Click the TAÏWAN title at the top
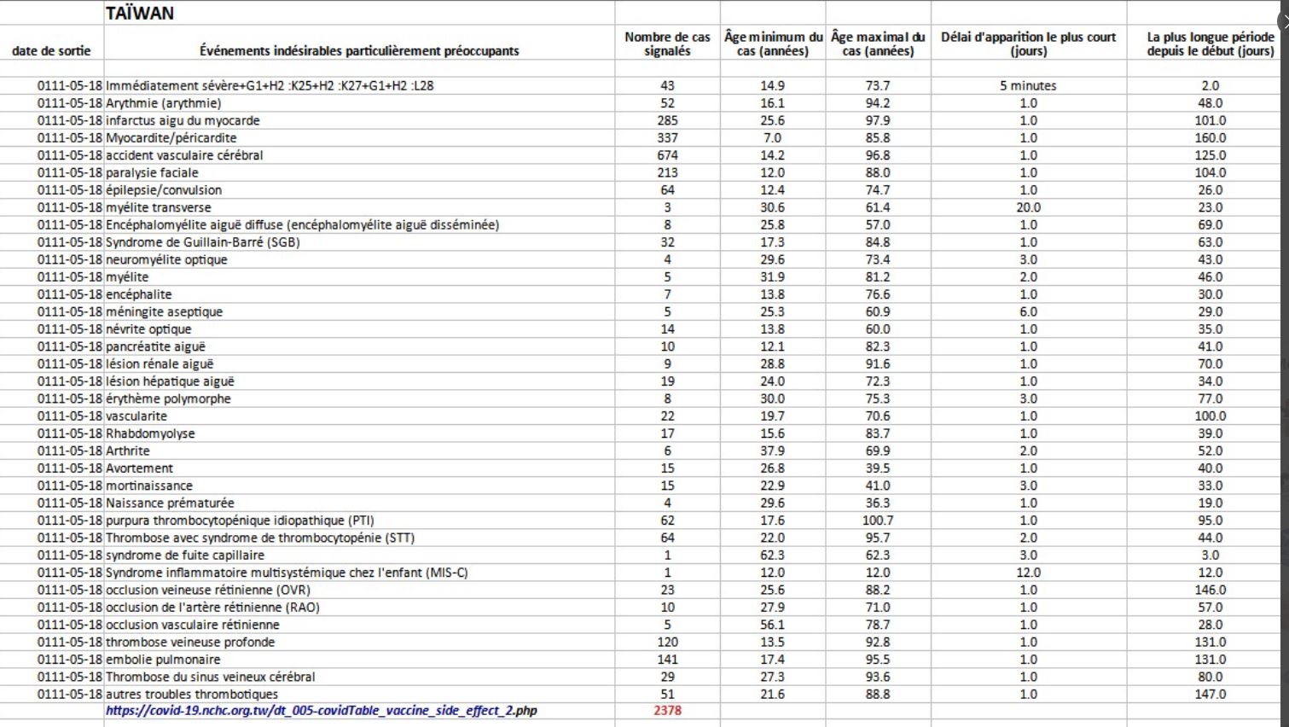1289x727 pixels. click(x=140, y=13)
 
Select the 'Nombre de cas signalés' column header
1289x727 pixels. click(x=667, y=44)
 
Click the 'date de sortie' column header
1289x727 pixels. click(x=51, y=51)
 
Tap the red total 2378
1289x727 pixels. click(x=667, y=711)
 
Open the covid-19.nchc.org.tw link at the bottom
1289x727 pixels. click(x=322, y=711)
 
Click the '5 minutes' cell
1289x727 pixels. click(x=1028, y=85)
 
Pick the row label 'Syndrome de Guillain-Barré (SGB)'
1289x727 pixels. click(x=203, y=242)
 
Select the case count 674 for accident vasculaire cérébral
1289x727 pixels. click(x=667, y=155)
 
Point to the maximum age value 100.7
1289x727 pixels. click(x=878, y=521)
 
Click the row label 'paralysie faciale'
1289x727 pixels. click(x=152, y=172)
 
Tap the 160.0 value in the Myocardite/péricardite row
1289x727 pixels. click(x=1210, y=137)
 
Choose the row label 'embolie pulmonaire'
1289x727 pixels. click(x=163, y=660)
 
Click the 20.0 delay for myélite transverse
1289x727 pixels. click(x=1028, y=207)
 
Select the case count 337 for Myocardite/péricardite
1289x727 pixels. click(x=667, y=137)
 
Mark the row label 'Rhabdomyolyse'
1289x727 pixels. click(x=150, y=433)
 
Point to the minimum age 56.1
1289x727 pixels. click(x=772, y=625)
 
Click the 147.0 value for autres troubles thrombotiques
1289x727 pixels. click(x=1210, y=695)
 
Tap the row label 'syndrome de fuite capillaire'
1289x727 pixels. click(x=185, y=555)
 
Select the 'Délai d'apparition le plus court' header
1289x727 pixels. click(x=1028, y=44)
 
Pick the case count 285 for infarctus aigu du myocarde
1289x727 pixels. click(x=667, y=120)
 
